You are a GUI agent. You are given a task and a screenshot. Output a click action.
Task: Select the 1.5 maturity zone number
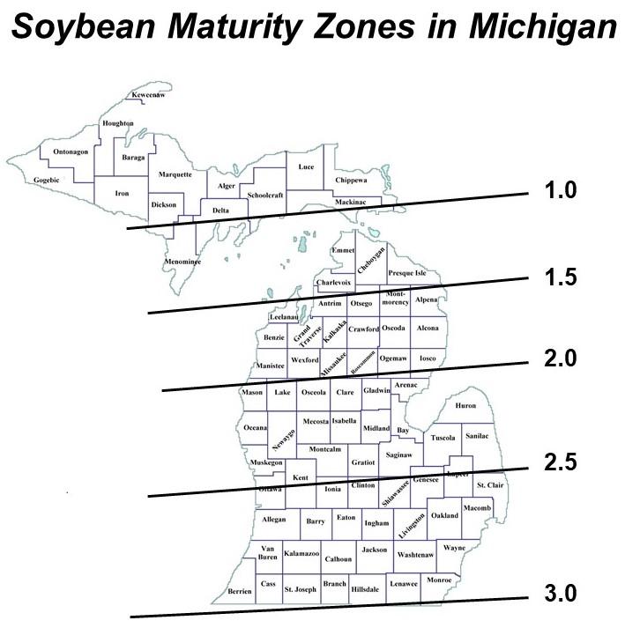click(558, 277)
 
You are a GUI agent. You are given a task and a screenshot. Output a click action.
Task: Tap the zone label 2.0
click(558, 359)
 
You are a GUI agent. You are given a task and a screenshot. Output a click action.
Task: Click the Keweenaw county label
click(148, 94)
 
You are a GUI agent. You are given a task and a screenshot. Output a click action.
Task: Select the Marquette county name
click(175, 174)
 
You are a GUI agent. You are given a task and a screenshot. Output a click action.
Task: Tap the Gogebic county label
click(47, 181)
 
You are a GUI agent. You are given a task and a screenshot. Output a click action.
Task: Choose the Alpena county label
click(426, 300)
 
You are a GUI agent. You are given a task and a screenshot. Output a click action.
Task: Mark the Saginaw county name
click(398, 454)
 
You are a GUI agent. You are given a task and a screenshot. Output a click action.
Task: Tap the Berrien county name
click(240, 589)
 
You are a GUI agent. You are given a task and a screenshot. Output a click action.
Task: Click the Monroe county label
click(439, 580)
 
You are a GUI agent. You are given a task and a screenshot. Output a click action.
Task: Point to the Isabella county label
click(345, 422)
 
